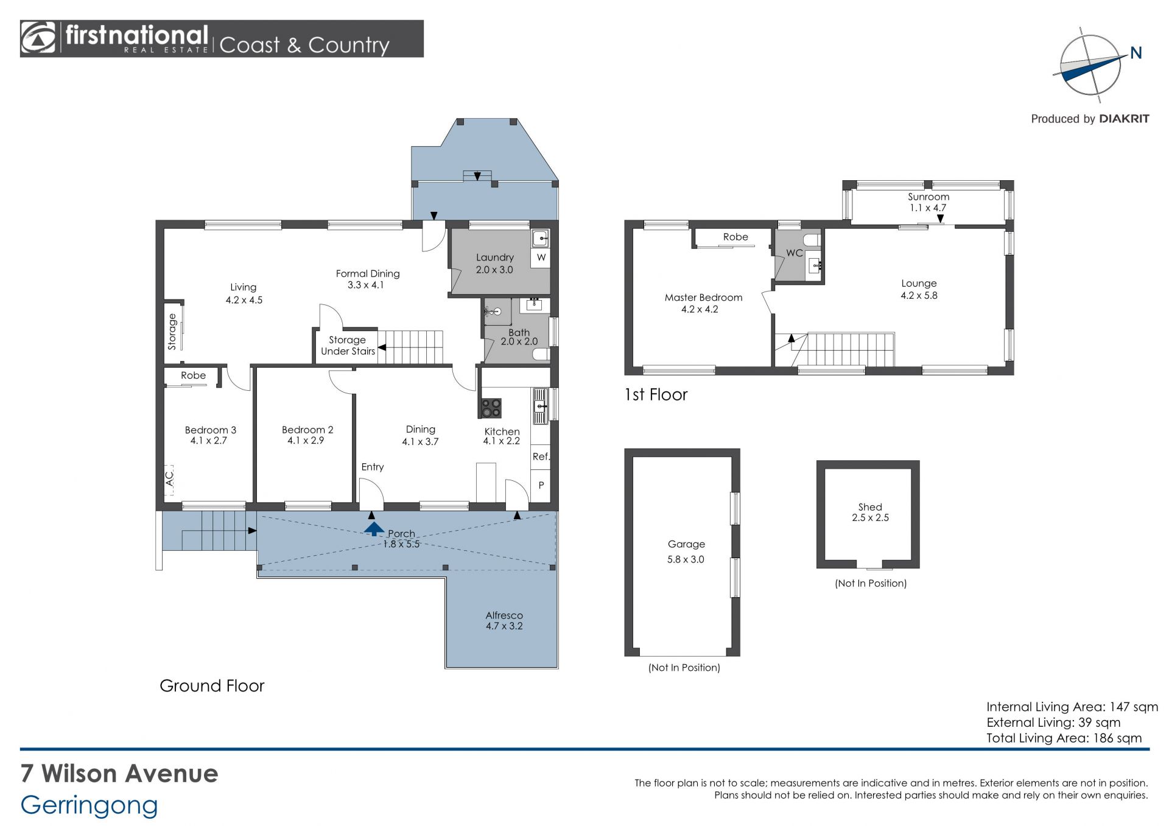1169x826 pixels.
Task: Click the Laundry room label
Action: [x=495, y=257]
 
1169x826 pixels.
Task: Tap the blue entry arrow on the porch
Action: [x=374, y=528]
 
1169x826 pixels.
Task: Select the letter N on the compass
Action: [x=1136, y=54]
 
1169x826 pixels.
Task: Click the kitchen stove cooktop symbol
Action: [x=491, y=408]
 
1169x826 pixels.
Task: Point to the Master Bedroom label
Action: [x=703, y=298]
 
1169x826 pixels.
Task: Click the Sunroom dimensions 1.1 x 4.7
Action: [x=928, y=208]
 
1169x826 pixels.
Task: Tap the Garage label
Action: [x=686, y=544]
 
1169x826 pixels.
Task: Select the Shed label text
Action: [x=870, y=507]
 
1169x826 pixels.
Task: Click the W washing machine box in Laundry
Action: [x=541, y=258]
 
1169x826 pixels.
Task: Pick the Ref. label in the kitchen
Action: [x=541, y=457]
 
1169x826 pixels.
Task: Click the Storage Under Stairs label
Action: [x=348, y=346]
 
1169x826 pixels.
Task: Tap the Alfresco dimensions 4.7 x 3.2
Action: [x=504, y=626]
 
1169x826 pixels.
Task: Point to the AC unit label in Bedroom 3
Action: [x=170, y=478]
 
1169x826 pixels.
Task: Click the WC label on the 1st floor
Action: [x=795, y=253]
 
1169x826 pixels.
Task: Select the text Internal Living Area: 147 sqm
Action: [x=1072, y=707]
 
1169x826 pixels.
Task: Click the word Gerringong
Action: [x=90, y=806]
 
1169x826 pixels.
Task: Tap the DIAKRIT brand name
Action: [x=1124, y=119]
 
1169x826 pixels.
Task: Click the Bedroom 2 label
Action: [x=307, y=430]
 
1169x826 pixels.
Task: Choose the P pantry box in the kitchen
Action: [x=541, y=486]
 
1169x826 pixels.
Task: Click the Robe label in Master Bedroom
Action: [x=735, y=237]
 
